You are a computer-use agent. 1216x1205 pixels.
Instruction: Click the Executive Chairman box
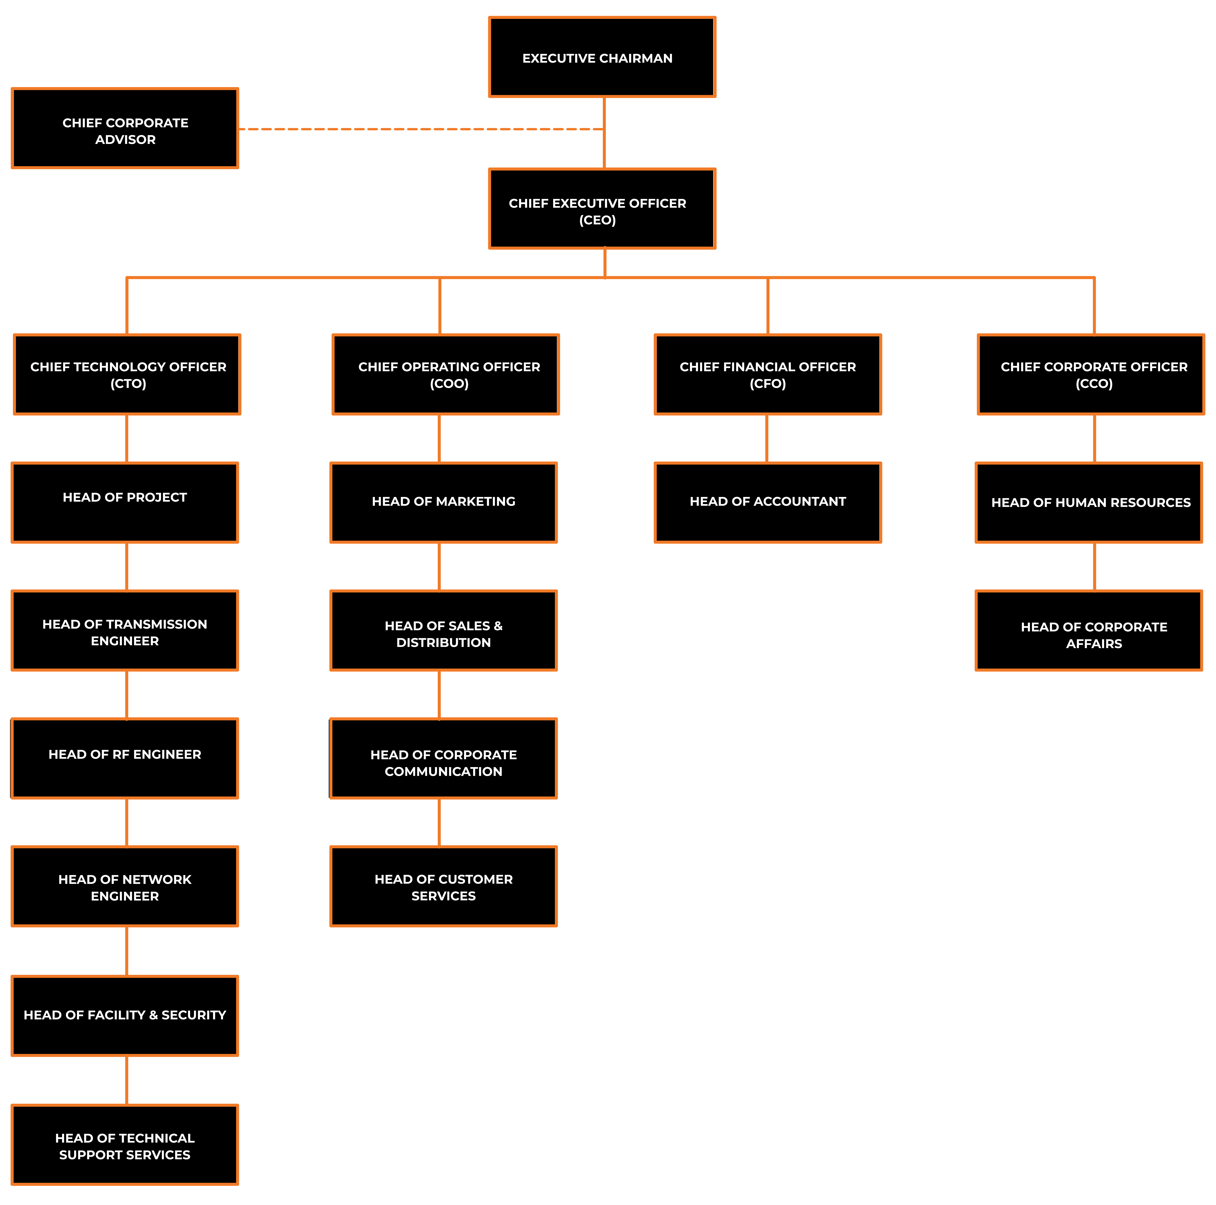coord(602,57)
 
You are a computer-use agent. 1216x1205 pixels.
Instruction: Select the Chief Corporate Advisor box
coord(125,128)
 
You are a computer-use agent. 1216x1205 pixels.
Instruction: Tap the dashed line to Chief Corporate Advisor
coord(421,129)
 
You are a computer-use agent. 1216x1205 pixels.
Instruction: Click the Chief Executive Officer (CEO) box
coord(602,209)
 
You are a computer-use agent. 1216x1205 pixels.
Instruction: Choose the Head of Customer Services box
coord(444,887)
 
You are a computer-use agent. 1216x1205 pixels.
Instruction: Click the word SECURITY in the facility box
coord(194,1015)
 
